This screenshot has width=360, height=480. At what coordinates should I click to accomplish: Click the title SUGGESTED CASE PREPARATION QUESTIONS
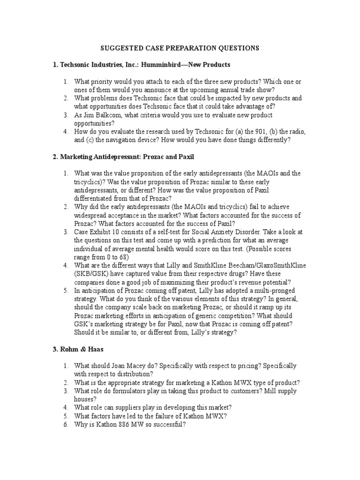coord(180,48)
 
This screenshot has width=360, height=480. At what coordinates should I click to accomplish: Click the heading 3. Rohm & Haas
coord(78,349)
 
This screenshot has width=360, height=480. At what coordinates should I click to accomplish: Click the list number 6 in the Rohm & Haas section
coord(66,425)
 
